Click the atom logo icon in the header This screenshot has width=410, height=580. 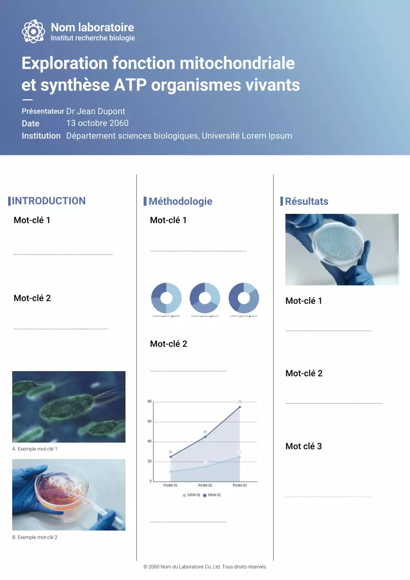tap(34, 31)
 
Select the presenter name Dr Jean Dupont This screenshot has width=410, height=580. tap(96, 111)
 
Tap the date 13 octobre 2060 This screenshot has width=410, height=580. tap(97, 123)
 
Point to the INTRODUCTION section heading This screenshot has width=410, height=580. tap(48, 201)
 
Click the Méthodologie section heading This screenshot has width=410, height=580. tap(180, 202)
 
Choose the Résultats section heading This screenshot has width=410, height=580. tap(306, 202)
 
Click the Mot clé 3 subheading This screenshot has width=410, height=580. tap(304, 446)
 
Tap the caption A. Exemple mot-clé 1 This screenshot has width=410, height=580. tap(34, 449)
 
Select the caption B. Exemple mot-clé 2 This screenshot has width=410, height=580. tap(34, 537)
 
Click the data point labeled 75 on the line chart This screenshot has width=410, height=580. tap(240, 407)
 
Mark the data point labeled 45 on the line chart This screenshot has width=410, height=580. tap(205, 437)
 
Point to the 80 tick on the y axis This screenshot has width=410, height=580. tap(150, 401)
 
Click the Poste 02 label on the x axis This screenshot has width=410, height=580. tap(205, 485)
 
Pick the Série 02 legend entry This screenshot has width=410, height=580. tap(212, 495)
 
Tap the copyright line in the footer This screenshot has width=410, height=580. tap(205, 567)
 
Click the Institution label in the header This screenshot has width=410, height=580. tap(41, 136)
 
